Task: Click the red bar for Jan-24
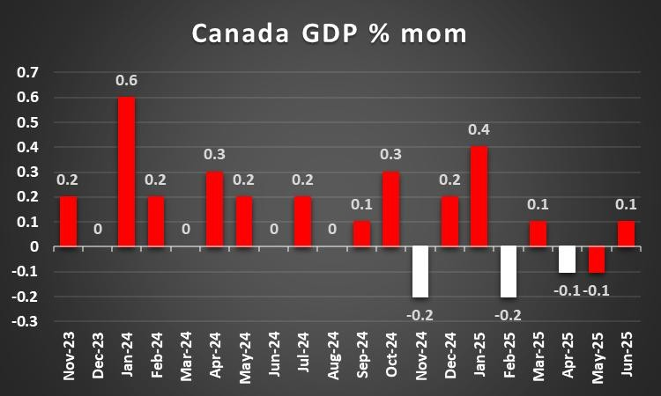126,172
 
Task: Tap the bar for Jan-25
479,196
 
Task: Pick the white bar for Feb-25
508,272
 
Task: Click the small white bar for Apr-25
567,260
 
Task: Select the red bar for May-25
596,260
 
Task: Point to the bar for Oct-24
390,209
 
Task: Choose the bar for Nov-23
68,222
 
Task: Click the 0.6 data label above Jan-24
126,80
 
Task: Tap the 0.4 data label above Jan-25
479,130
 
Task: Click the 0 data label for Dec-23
97,230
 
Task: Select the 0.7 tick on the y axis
29,71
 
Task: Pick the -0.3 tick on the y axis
26,322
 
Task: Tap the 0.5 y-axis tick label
29,121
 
